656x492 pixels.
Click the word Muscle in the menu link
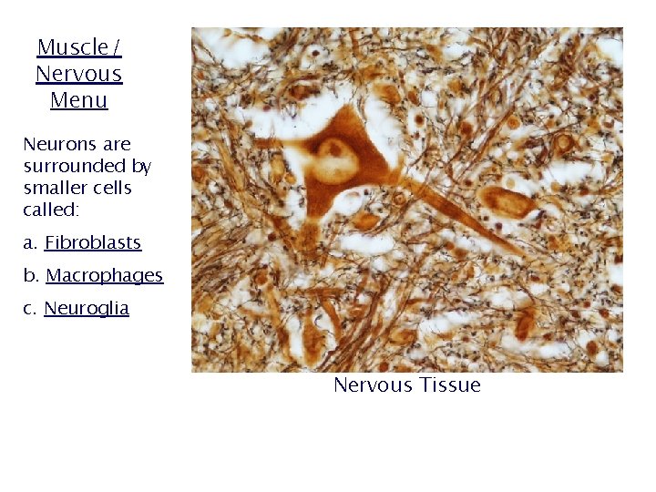coord(72,47)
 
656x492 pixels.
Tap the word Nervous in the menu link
coord(78,74)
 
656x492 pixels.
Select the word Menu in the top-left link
coord(78,100)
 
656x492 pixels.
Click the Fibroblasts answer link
coord(93,242)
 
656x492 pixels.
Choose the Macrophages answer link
coord(104,275)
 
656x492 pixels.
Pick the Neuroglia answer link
coord(87,308)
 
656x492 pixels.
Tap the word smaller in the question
coord(54,188)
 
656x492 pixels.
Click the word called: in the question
coord(51,210)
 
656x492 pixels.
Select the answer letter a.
coord(28,242)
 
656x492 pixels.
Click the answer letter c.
coord(28,308)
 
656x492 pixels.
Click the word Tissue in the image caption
coord(450,384)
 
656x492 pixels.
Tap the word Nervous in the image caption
coord(373,384)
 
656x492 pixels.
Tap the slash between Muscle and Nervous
coord(117,47)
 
